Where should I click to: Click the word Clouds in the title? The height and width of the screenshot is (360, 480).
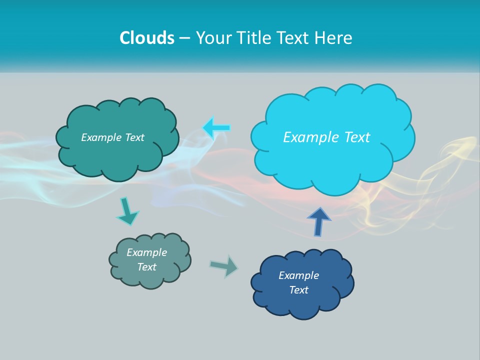point(147,38)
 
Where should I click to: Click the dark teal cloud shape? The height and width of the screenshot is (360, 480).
point(117,155)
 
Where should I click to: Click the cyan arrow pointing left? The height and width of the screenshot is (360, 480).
point(216,128)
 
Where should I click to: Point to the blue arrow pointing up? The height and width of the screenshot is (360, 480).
point(319,221)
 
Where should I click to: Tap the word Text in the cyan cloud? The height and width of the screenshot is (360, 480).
point(357,137)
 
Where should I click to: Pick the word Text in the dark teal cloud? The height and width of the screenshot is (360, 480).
point(135,137)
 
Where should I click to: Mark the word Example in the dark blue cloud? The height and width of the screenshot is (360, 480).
point(298,275)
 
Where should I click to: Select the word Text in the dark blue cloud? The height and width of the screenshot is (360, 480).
point(298,290)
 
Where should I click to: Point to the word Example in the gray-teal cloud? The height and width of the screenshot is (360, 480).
point(146,252)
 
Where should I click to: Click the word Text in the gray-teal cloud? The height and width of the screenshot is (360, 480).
point(146,267)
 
